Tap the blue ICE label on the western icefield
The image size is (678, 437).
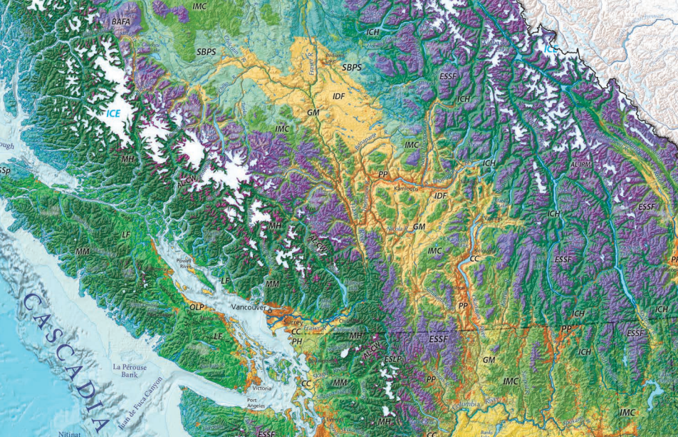tap(114, 113)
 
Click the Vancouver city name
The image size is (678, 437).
tap(246, 307)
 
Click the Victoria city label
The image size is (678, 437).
tap(261, 388)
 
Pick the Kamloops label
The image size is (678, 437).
tap(407, 189)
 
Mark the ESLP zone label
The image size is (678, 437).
tap(392, 359)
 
